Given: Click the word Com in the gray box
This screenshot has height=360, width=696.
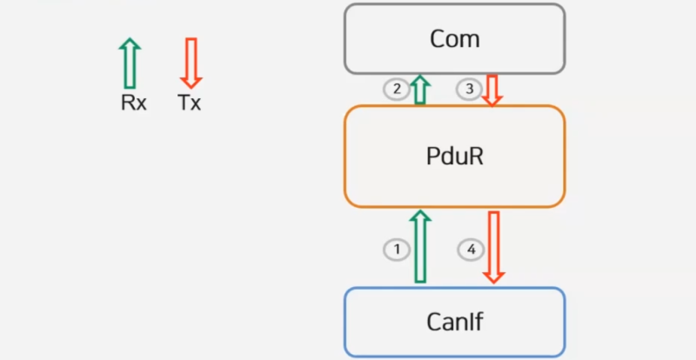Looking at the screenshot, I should pos(454,39).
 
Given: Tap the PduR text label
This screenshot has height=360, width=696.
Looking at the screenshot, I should pos(454,157).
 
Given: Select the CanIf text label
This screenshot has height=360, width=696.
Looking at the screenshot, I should pos(454,322).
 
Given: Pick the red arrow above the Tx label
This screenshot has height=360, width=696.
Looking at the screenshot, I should pos(191,62).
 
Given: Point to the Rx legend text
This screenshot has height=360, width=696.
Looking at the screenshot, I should pos(133,103).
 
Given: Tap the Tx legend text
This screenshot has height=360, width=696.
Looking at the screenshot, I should pos(190,103).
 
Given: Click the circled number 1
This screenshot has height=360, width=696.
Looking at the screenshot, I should pos(397,250).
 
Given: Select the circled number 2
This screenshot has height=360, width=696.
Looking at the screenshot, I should pos(396,89).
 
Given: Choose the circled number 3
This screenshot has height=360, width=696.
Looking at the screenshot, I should pos(470,89).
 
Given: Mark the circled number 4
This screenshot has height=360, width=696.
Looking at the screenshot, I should pos(471,250).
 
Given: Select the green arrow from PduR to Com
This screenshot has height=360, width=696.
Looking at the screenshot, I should pos(420,90).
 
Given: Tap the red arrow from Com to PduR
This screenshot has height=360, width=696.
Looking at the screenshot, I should pos(492,90).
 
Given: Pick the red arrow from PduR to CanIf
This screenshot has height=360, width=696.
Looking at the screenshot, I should pos(493,247).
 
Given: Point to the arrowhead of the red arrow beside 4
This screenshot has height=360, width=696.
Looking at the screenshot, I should pos(493,276).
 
